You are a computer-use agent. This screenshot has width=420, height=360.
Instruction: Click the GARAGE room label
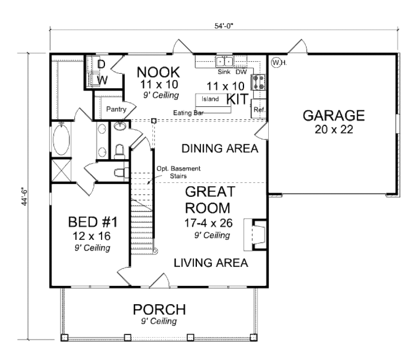tap(333, 116)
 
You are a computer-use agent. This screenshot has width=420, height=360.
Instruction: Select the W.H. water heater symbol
tap(279, 62)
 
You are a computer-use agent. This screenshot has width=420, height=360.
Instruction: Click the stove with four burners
tap(259, 82)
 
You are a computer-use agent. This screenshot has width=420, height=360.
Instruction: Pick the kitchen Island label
tap(210, 99)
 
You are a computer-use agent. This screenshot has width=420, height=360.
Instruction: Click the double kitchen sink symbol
tap(224, 62)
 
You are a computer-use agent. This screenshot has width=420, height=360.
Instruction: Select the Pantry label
tap(115, 109)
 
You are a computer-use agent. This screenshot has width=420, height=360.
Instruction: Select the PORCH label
tap(159, 309)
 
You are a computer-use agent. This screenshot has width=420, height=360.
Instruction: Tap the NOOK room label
tap(158, 73)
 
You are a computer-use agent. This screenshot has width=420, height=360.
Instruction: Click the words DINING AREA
tap(220, 148)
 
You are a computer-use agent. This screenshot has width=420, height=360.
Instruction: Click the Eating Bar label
tap(188, 112)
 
